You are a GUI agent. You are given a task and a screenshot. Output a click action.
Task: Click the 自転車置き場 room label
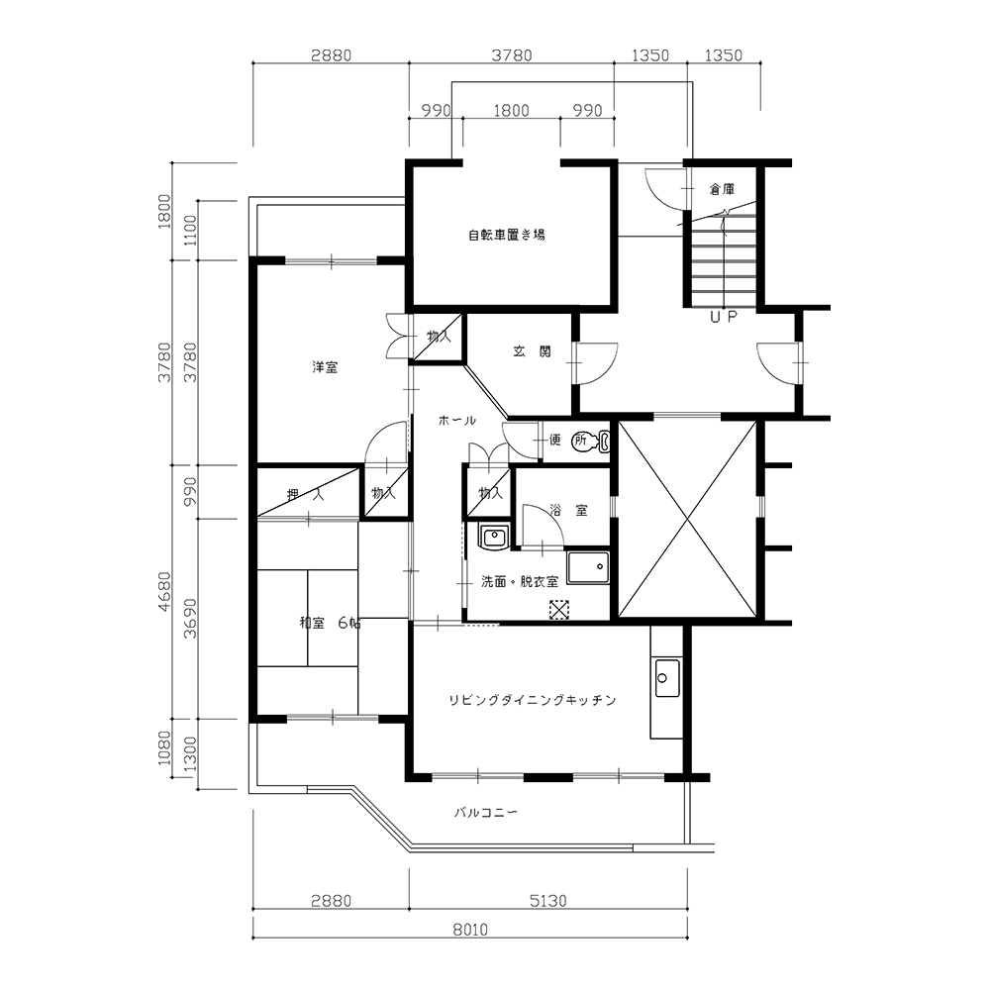506,236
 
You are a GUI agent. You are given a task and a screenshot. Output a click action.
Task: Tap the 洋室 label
325,367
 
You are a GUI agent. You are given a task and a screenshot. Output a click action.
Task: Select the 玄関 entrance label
532,351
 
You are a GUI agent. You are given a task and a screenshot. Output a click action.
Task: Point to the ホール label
457,420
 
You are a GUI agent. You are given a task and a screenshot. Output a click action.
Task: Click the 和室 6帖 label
331,623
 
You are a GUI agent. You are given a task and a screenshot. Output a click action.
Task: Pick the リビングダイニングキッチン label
533,700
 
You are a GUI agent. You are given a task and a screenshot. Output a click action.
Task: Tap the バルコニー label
486,812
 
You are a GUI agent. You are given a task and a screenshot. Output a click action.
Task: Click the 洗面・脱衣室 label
520,581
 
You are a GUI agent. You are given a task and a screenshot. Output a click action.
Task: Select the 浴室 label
568,510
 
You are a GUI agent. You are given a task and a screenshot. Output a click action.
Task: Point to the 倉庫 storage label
722,189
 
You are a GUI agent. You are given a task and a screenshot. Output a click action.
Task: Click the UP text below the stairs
724,317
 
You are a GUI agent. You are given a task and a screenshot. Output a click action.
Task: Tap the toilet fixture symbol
591,441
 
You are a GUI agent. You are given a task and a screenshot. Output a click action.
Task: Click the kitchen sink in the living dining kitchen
666,678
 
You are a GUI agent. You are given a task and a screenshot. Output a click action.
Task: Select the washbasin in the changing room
494,538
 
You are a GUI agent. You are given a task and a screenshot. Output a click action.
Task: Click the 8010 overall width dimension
470,930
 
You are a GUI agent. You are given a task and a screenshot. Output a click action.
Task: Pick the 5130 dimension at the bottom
548,900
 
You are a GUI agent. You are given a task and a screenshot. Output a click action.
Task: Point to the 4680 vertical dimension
164,591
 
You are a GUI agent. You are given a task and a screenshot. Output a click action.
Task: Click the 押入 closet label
306,494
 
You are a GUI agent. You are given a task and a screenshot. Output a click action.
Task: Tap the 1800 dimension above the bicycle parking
511,111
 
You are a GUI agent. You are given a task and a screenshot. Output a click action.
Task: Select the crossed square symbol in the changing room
558,609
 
